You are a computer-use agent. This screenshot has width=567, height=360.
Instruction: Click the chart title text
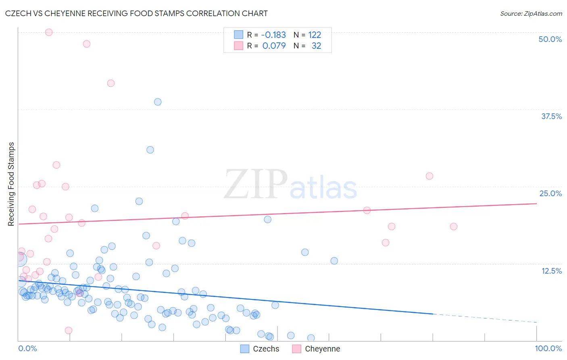pyautogui.click(x=136, y=13)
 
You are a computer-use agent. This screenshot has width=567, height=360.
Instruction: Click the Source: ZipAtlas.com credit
pyautogui.click(x=531, y=13)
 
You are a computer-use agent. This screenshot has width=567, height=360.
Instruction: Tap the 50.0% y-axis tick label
pyautogui.click(x=550, y=39)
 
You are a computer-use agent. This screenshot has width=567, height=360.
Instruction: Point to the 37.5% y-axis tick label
pyautogui.click(x=551, y=116)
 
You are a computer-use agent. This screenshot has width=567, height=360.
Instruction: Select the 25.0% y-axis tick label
pyautogui.click(x=550, y=193)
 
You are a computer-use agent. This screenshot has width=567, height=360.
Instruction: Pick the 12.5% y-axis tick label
pyautogui.click(x=551, y=271)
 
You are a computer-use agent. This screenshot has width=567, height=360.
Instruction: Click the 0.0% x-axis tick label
pyautogui.click(x=27, y=348)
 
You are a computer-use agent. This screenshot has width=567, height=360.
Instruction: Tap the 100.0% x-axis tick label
pyautogui.click(x=548, y=348)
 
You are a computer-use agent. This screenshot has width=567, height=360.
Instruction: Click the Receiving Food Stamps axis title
pyautogui.click(x=11, y=184)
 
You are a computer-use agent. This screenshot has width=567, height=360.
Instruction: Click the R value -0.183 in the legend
pyautogui.click(x=273, y=35)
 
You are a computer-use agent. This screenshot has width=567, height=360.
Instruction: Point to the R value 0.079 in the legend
pyautogui.click(x=274, y=46)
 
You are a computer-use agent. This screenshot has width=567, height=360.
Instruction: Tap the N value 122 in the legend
pyautogui.click(x=315, y=35)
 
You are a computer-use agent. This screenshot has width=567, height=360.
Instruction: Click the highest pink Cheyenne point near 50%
pyautogui.click(x=49, y=32)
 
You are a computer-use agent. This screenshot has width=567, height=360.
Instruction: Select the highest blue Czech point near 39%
pyautogui.click(x=158, y=102)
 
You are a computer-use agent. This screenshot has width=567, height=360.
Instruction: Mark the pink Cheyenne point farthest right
pyautogui.click(x=454, y=226)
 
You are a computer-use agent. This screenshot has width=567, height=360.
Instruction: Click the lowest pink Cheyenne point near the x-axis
pyautogui.click(x=69, y=330)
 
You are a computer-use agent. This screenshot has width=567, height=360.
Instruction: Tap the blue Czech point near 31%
pyautogui.click(x=150, y=150)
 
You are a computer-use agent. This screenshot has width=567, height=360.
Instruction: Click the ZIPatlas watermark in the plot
pyautogui.click(x=290, y=185)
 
